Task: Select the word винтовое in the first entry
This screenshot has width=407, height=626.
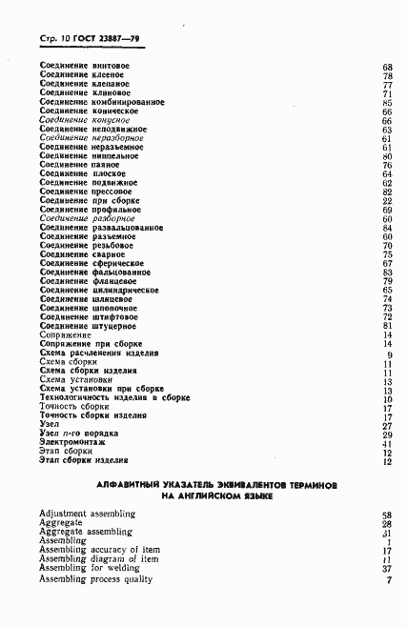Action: coord(111,66)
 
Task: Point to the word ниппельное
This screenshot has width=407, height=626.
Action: coord(116,156)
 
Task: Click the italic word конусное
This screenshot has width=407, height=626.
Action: coord(117,120)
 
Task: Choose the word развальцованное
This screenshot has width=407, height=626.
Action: coord(128,228)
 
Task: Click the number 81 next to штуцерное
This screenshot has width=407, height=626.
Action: coord(388,326)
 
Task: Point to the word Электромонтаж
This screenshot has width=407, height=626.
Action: coord(72,442)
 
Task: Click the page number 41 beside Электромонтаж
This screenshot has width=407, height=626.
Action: coord(388,443)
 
